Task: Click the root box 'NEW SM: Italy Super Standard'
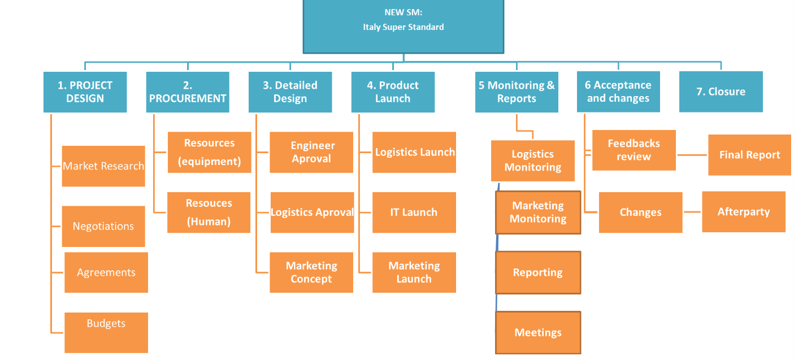point(403,27)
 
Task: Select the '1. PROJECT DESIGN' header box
point(85,92)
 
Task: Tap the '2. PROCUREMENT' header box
point(188,92)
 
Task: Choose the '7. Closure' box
point(721,92)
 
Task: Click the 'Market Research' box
point(103,166)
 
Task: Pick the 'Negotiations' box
point(103,226)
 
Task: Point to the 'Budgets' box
point(106,332)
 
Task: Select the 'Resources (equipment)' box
point(209,152)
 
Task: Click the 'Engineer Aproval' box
point(311,152)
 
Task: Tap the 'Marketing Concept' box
point(311,272)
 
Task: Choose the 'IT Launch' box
point(414,212)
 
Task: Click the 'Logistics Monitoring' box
point(532,161)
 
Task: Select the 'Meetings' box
point(538,332)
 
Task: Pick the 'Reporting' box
point(538,272)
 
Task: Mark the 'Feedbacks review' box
point(634,150)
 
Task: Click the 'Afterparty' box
point(744,212)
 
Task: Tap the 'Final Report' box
point(749,155)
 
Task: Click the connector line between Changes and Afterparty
point(692,212)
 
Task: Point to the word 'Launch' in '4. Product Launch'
point(392,98)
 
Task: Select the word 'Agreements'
point(106,272)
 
